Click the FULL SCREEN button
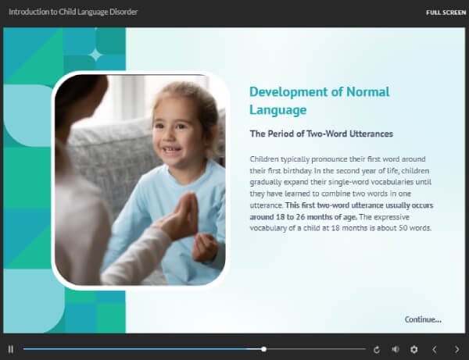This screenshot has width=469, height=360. pos(446,12)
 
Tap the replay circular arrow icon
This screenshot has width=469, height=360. pos(377,349)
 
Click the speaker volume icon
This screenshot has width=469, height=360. pos(396,349)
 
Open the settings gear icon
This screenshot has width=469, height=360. pos(414,349)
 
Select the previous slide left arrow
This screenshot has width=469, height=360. pos(435,349)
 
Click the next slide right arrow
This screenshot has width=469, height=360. pos(456,349)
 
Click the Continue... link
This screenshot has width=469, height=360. pos(423,319)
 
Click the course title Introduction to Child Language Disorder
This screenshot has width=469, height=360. pos(73,12)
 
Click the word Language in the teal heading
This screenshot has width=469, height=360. pos(277,110)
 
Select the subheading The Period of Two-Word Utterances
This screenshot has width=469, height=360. pos(321,134)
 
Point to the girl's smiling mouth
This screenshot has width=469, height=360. pos(171,149)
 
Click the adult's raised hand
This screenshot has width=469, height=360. pos(181,216)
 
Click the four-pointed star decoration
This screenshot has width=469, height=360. pos(95,55)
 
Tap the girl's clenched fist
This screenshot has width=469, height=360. pos(205,248)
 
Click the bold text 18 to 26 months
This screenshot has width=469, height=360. pos(303,217)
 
